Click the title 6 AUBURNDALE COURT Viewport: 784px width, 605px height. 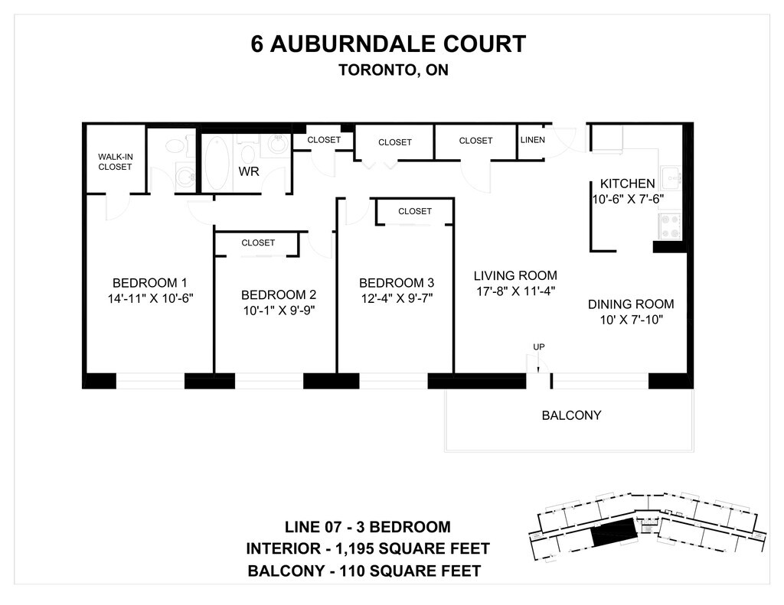388,44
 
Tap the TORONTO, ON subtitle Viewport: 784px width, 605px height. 393,70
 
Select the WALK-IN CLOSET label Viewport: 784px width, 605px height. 115,161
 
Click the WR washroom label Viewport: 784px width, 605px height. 249,171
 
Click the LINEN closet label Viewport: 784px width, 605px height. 533,140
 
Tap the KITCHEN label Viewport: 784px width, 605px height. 627,184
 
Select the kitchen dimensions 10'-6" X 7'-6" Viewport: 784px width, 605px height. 627,198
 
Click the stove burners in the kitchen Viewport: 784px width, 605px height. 671,226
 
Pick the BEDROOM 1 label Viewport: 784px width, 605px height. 149,281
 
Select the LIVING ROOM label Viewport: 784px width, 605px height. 514,275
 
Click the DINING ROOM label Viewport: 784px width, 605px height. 630,304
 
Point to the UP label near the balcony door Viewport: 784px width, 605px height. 539,347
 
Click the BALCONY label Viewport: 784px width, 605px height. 571,416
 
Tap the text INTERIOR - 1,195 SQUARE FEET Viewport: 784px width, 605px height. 367,548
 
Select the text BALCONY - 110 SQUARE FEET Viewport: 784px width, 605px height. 364,571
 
